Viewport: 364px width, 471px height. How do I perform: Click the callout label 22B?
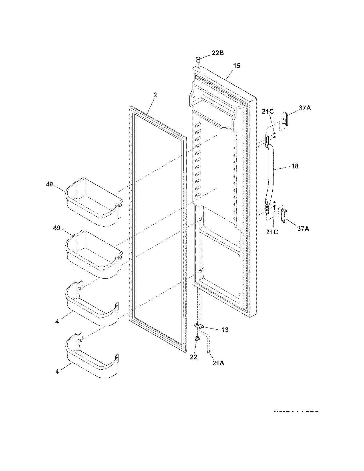pyautogui.click(x=218, y=53)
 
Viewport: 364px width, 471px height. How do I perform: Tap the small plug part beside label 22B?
pyautogui.click(x=197, y=59)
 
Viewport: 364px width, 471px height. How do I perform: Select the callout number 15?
pyautogui.click(x=236, y=66)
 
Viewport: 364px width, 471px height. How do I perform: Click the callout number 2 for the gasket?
pyautogui.click(x=155, y=95)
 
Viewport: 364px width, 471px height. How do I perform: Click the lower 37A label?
pyautogui.click(x=303, y=228)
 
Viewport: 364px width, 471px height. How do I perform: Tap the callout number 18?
pyautogui.click(x=295, y=166)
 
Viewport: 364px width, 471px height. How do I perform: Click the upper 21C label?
pyautogui.click(x=268, y=112)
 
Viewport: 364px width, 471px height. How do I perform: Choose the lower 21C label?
pyautogui.click(x=272, y=232)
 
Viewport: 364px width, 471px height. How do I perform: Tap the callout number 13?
pyautogui.click(x=225, y=330)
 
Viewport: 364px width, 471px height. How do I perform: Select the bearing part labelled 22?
pyautogui.click(x=197, y=339)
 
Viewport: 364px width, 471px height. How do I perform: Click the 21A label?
pyautogui.click(x=218, y=363)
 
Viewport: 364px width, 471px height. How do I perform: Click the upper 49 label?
pyautogui.click(x=49, y=184)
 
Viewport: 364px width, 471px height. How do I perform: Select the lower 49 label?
pyautogui.click(x=57, y=228)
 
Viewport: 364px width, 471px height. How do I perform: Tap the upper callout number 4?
pyautogui.click(x=57, y=322)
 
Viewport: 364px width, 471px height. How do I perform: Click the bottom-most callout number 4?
pyautogui.click(x=57, y=372)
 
